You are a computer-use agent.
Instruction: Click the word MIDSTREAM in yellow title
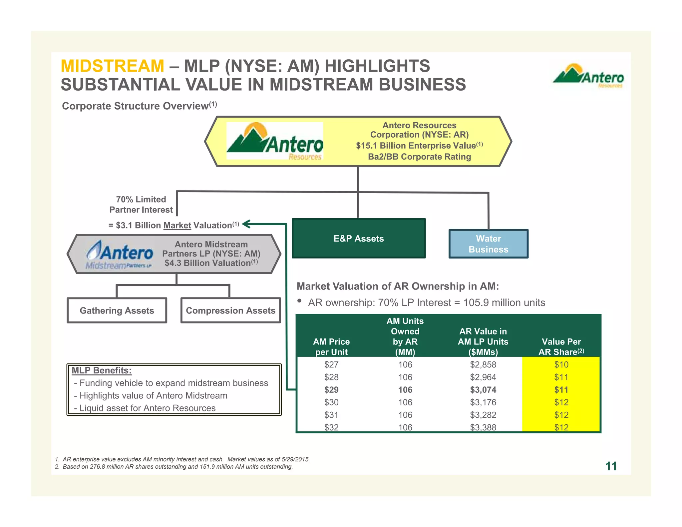[x=112, y=66]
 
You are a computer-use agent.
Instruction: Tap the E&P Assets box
[x=359, y=239]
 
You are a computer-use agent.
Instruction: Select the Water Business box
[x=488, y=244]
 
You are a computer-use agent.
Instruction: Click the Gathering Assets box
[x=117, y=310]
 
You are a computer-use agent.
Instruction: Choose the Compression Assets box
[x=230, y=310]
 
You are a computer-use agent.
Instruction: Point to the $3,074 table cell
[x=483, y=390]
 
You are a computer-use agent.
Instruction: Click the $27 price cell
[x=331, y=365]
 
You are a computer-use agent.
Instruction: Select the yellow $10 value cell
[x=561, y=365]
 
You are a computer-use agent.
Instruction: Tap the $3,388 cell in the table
[x=483, y=427]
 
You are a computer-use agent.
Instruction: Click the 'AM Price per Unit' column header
[x=331, y=347]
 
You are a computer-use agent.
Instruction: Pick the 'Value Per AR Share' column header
[x=561, y=347]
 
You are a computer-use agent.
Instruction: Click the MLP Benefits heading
[x=102, y=370]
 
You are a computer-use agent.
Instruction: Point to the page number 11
[x=611, y=466]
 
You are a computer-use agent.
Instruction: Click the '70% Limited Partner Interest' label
[x=141, y=205]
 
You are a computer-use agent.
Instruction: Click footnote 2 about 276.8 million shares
[x=174, y=467]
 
